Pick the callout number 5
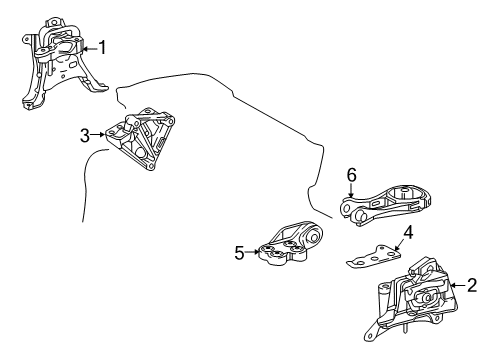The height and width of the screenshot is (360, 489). [239, 254]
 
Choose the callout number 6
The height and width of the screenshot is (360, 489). [351, 175]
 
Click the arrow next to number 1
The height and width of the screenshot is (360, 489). [87, 47]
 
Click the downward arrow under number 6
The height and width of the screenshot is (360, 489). [351, 190]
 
